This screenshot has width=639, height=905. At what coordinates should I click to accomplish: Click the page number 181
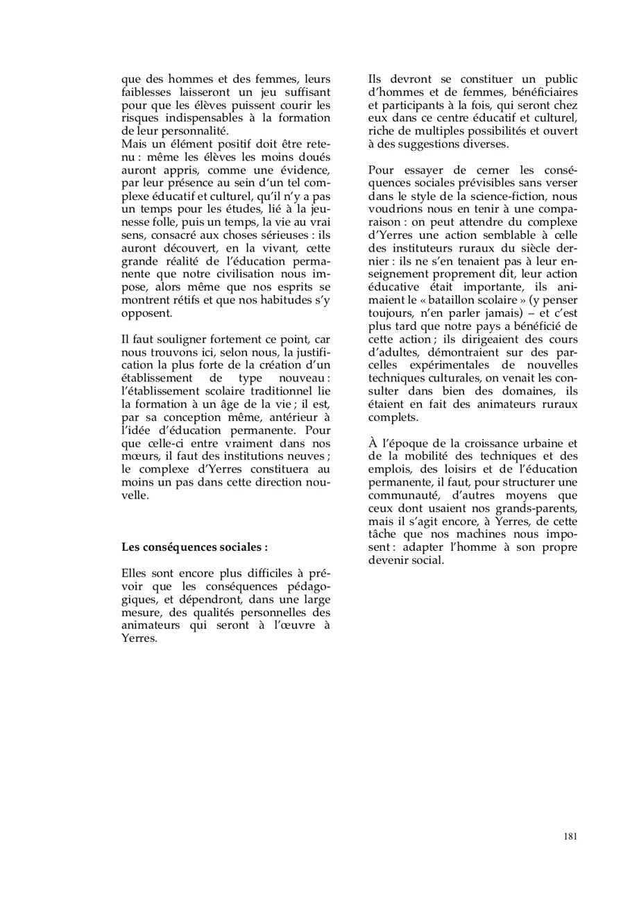570,836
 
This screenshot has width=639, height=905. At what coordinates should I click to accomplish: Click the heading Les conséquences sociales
194,547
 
